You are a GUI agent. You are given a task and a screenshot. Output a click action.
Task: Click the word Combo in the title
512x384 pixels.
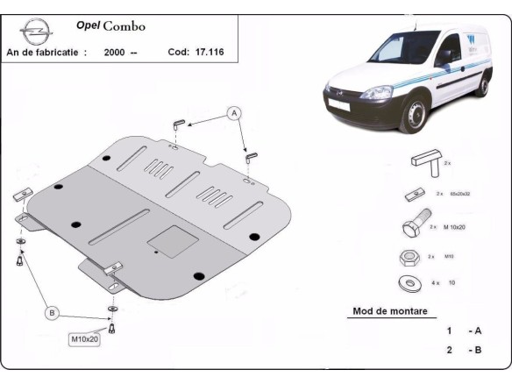(x=124, y=26)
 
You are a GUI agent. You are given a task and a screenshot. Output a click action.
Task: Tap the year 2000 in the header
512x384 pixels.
(x=113, y=52)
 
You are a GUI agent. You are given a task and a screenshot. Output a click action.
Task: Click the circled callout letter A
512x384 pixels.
(x=234, y=112)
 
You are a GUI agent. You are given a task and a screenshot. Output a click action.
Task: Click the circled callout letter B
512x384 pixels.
(x=51, y=313)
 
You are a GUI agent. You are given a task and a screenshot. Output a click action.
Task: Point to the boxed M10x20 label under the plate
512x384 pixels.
(x=85, y=338)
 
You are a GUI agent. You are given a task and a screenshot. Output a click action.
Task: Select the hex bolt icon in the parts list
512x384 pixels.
(x=414, y=228)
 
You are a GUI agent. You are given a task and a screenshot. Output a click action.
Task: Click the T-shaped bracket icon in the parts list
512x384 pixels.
(x=422, y=164)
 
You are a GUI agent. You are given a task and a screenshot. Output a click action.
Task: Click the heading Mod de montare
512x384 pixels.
(x=389, y=310)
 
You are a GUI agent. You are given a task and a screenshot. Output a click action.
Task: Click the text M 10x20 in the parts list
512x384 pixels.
(x=457, y=226)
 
